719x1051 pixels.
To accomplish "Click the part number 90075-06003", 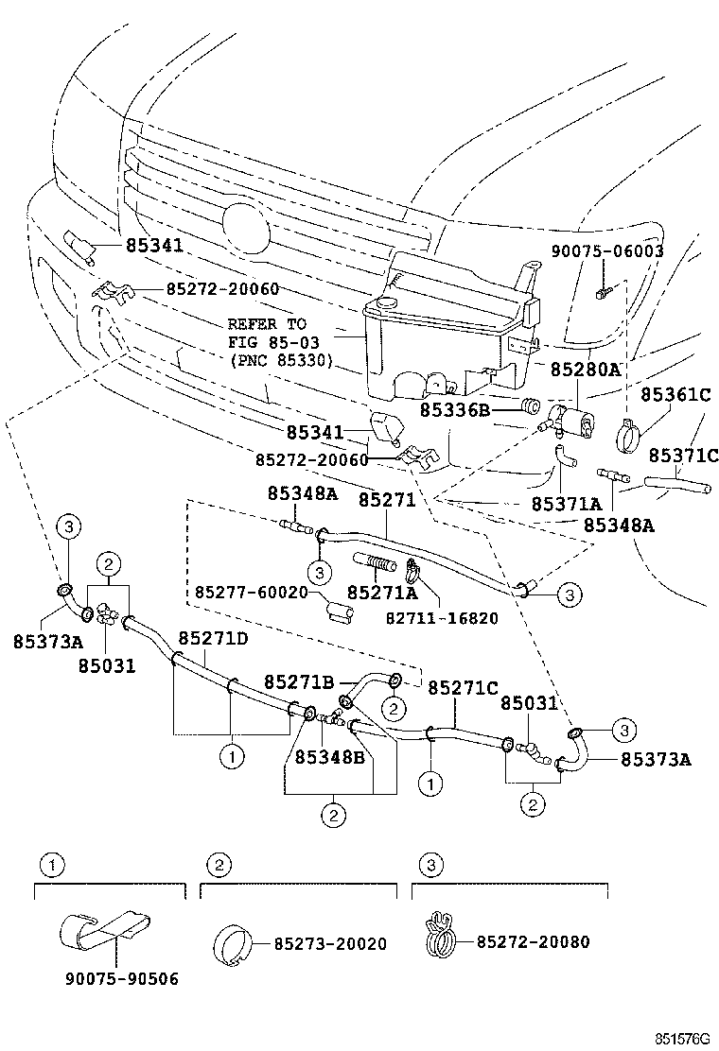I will pyautogui.click(x=607, y=251).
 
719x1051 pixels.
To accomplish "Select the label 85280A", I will pyautogui.click(x=586, y=370).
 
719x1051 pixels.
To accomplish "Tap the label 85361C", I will pyautogui.click(x=675, y=394).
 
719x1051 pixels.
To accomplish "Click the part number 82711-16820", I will pyautogui.click(x=442, y=618).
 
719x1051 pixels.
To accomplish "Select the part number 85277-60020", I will pyautogui.click(x=253, y=593).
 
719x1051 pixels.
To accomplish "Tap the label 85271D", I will pyautogui.click(x=213, y=638).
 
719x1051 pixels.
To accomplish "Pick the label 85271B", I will pyautogui.click(x=299, y=681).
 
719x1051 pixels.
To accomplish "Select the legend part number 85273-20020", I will pyautogui.click(x=331, y=943).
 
